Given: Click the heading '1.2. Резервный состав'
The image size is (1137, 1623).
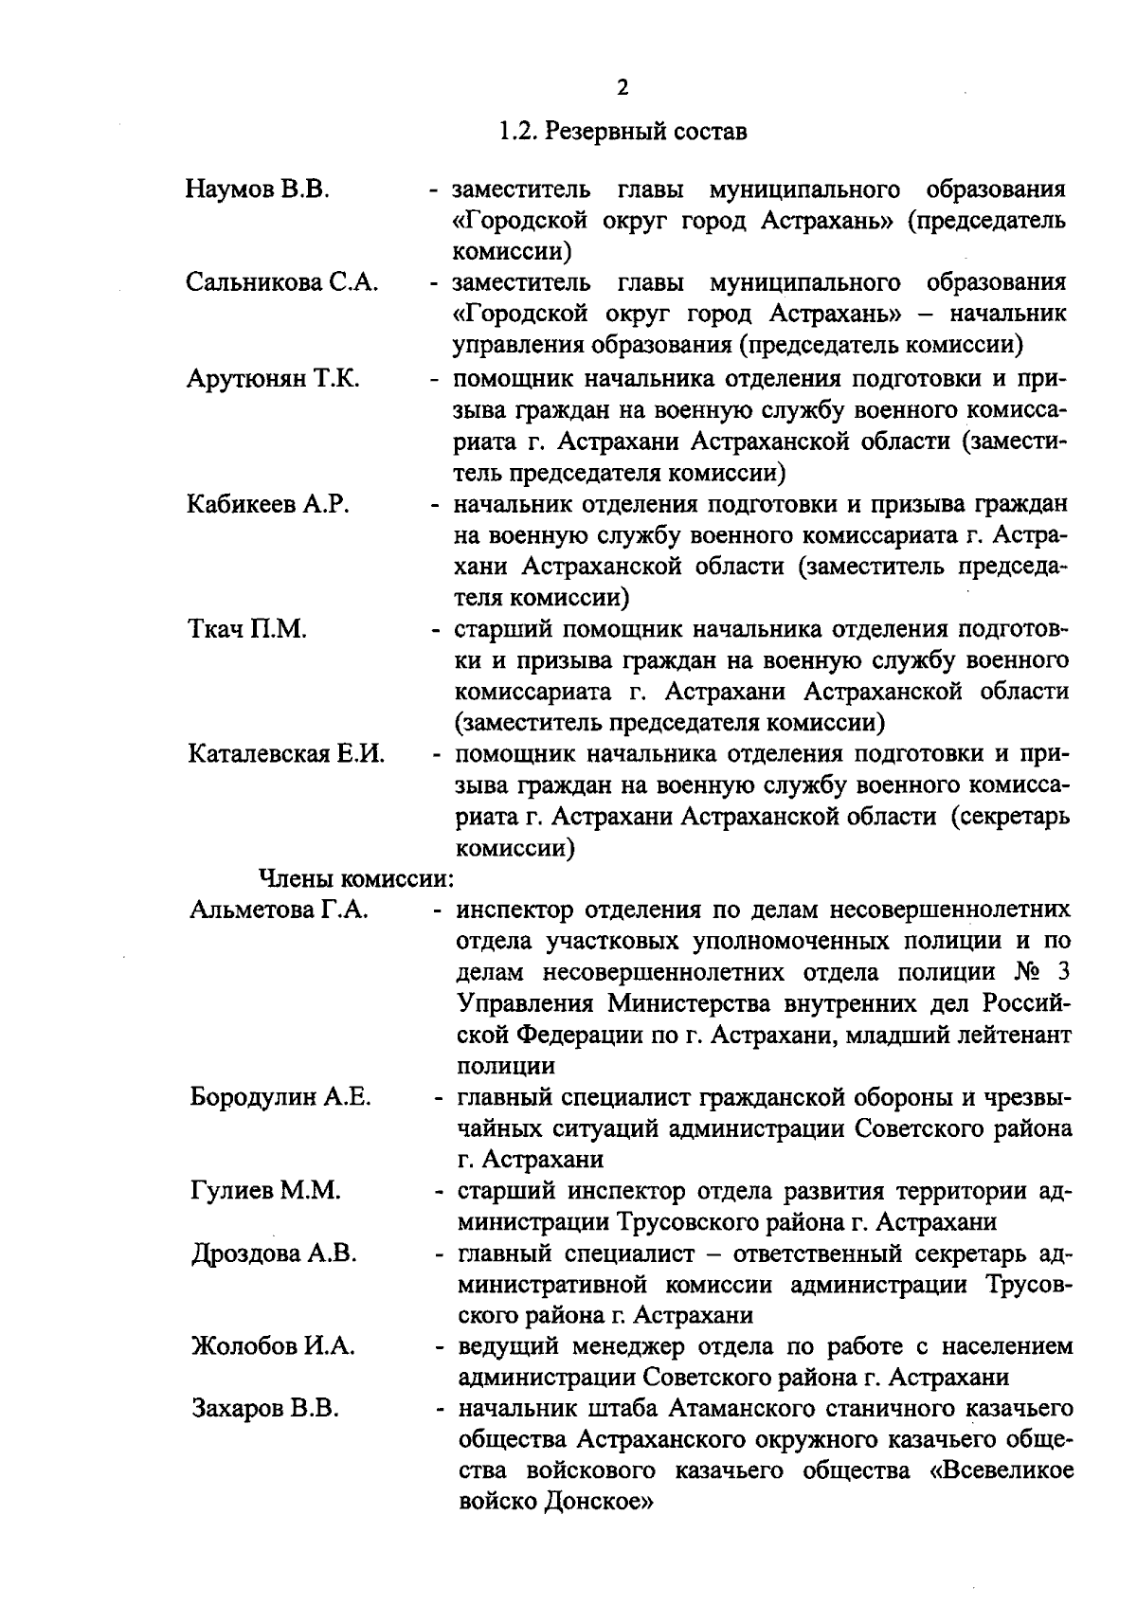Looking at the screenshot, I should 623,132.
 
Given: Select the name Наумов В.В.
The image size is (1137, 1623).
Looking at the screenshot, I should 257,189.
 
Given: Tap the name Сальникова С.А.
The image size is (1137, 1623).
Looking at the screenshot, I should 282,282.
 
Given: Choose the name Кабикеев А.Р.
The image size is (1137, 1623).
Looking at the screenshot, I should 268,504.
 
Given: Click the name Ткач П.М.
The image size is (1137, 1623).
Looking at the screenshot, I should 246,629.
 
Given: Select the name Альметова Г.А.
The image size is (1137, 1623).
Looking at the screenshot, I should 279,911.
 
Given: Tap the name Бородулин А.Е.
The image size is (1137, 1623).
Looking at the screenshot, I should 280,1098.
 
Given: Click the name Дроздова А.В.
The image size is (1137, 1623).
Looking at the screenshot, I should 274,1253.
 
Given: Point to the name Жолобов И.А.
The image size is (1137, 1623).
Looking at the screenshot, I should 273,1346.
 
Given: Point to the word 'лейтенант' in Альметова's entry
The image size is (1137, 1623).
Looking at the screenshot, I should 1015,1036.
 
